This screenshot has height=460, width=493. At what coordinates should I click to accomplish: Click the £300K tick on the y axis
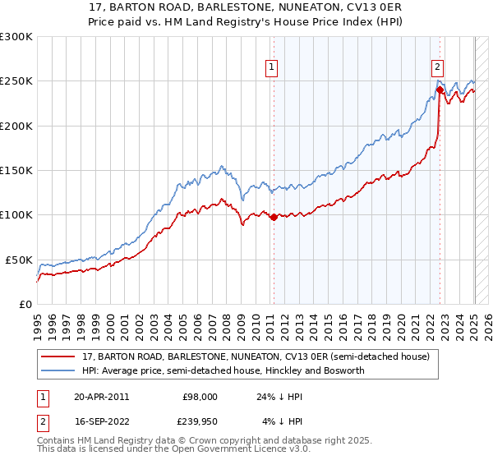(x=16, y=37)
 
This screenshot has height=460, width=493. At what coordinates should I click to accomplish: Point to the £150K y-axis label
(x=16, y=171)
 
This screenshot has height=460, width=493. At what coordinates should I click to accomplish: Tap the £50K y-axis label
(x=19, y=260)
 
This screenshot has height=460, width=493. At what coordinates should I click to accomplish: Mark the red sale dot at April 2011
(x=273, y=217)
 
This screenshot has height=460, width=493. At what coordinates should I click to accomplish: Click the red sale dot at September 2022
(x=440, y=90)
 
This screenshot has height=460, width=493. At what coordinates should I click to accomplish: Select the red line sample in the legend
(x=58, y=356)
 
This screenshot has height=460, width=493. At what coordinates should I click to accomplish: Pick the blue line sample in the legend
(x=58, y=370)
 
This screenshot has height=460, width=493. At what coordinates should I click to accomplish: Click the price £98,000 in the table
(x=200, y=396)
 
